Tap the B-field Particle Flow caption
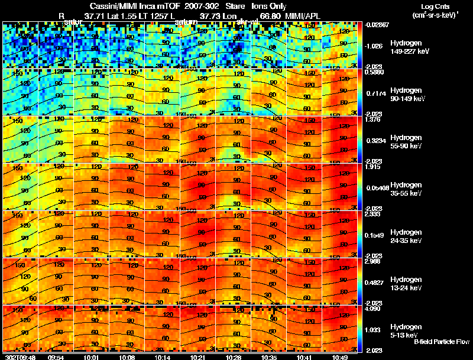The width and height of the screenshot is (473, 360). click(x=442, y=342)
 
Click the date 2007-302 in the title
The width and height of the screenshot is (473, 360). click(x=192, y=6)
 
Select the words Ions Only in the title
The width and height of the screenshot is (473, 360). click(x=270, y=6)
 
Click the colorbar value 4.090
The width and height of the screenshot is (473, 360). click(x=374, y=309)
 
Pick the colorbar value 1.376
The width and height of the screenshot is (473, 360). click(x=374, y=119)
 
